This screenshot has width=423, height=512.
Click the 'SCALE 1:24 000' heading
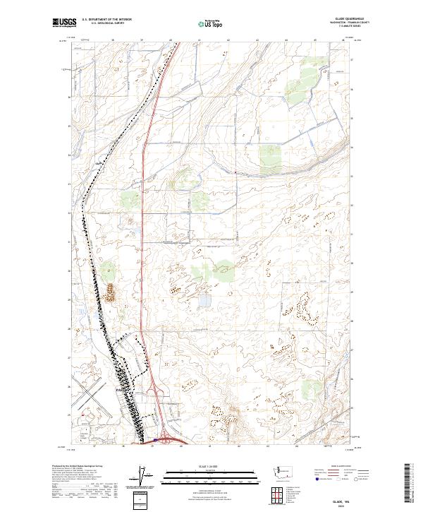tap(211, 467)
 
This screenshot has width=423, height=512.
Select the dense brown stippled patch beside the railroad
tap(111, 291)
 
